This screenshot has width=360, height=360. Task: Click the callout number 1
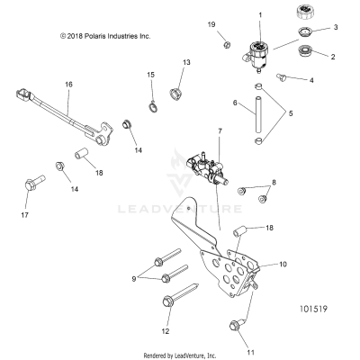[x=260, y=16]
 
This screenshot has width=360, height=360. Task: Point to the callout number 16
[x=68, y=83]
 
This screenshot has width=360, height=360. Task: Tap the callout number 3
[x=337, y=28]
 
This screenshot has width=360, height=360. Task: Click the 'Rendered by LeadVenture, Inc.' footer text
[x=179, y=355]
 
